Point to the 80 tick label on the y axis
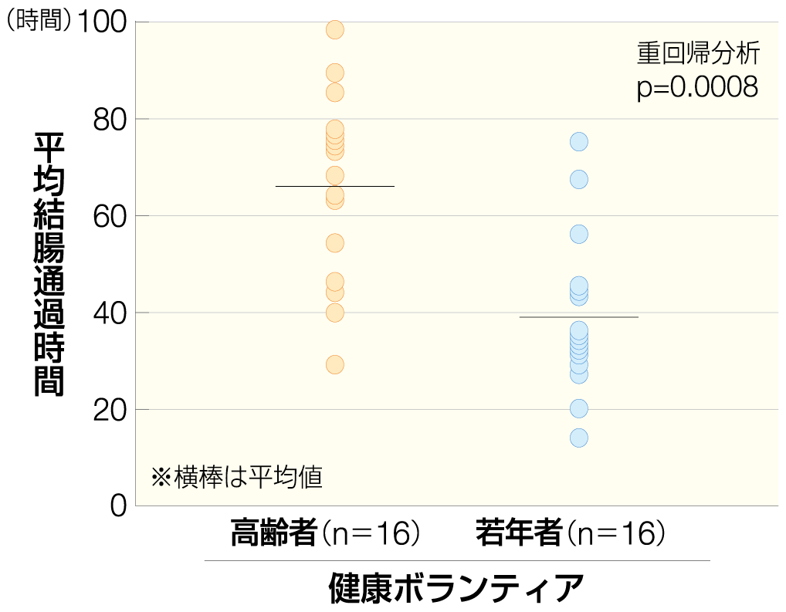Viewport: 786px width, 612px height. (x=110, y=120)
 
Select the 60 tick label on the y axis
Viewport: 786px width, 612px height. (x=110, y=216)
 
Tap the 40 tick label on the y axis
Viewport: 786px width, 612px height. (x=110, y=313)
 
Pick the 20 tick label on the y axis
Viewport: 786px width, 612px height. (x=110, y=410)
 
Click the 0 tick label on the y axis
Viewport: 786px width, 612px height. (x=118, y=507)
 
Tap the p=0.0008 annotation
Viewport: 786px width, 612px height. (x=697, y=87)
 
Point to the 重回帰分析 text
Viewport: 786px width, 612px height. (x=698, y=53)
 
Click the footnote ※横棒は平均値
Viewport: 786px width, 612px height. (x=236, y=477)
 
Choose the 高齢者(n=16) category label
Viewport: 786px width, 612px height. (x=325, y=533)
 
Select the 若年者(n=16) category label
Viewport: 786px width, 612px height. (x=570, y=533)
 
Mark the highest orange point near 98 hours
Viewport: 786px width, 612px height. (x=335, y=30)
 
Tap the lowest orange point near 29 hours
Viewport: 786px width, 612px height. (x=335, y=364)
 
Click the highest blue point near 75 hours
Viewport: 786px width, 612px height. (x=579, y=141)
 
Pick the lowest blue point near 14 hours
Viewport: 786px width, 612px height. (x=579, y=438)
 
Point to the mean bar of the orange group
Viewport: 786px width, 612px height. (x=335, y=186)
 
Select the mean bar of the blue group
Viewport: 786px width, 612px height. (x=579, y=317)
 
